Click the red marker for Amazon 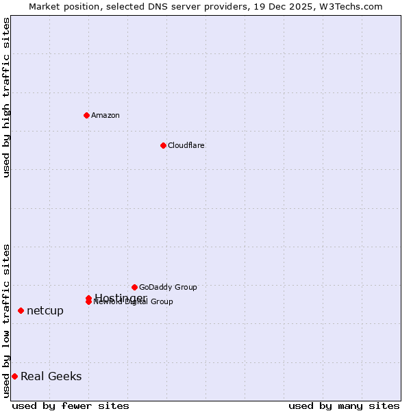click(x=86, y=115)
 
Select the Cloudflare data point click(x=163, y=145)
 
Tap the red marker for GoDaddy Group click(x=134, y=287)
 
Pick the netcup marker click(x=21, y=310)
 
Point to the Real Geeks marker click(x=14, y=376)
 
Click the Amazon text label click(x=105, y=115)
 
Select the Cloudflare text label click(x=186, y=145)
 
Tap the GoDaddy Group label click(x=168, y=287)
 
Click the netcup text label click(x=45, y=310)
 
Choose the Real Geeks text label click(x=51, y=376)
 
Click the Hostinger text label click(x=121, y=297)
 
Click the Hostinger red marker click(x=88, y=298)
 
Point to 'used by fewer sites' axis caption click(x=71, y=406)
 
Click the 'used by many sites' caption click(x=344, y=406)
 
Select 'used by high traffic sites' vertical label click(x=6, y=97)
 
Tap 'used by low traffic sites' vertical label click(x=6, y=321)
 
